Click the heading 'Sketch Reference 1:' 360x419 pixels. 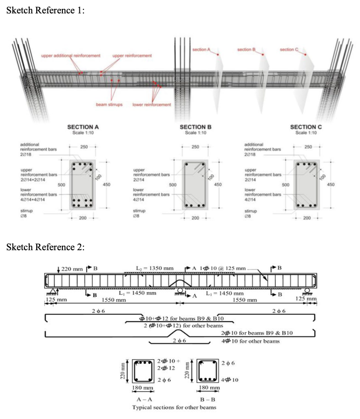pyautogui.click(x=46, y=11)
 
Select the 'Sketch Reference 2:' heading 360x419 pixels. pyautogui.click(x=46, y=247)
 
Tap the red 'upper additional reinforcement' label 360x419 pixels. pyautogui.click(x=70, y=55)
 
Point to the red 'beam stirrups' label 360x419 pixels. pyautogui.click(x=109, y=104)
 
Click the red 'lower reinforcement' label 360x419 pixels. pyautogui.click(x=152, y=104)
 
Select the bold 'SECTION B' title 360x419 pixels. pyautogui.click(x=195, y=127)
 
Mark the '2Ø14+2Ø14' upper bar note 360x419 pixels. pyautogui.click(x=34, y=179)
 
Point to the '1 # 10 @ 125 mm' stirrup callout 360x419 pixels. pyautogui.click(x=222, y=269)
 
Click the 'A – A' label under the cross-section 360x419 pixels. pyautogui.click(x=142, y=399)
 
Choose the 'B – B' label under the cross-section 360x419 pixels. pyautogui.click(x=208, y=399)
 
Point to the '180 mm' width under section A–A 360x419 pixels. pyautogui.click(x=142, y=387)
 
